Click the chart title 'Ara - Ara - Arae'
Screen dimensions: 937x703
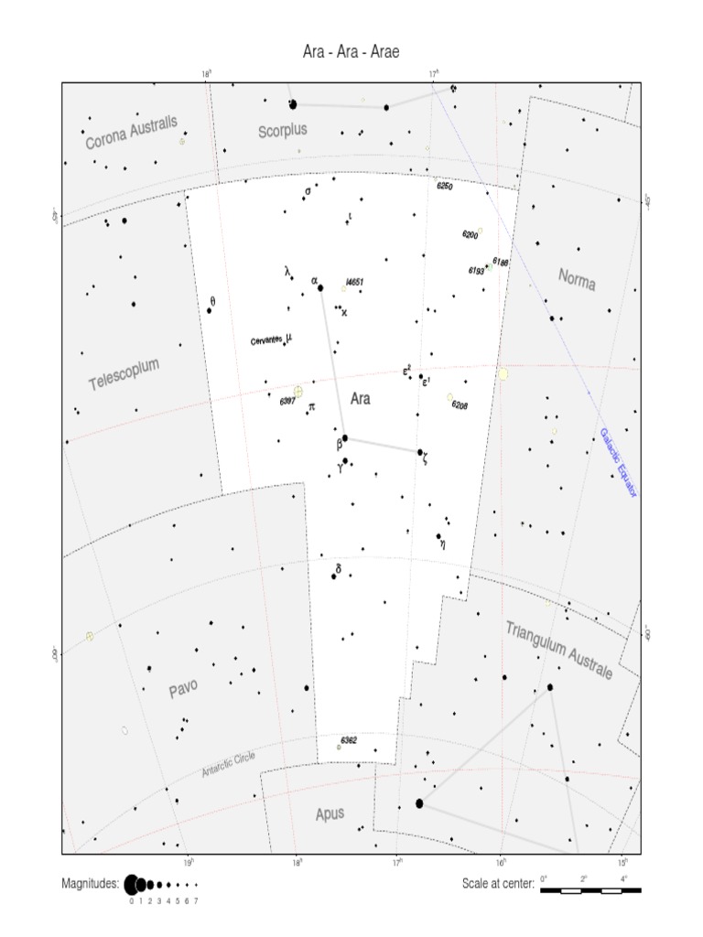point(351,52)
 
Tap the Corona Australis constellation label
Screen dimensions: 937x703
point(132,134)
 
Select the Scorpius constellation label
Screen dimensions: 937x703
point(283,131)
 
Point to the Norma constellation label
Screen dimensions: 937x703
point(577,280)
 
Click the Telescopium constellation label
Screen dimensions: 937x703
point(124,374)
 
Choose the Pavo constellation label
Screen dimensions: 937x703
point(183,688)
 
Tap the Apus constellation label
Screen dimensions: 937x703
point(330,813)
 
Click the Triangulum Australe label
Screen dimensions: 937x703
point(558,650)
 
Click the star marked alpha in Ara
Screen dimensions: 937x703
point(320,288)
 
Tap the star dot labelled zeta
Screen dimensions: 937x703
point(420,452)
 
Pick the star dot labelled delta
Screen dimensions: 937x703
point(335,576)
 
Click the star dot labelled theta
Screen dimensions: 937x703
point(209,310)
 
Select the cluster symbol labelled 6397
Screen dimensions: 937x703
point(297,392)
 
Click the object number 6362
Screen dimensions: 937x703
point(348,739)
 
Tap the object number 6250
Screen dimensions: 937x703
point(445,186)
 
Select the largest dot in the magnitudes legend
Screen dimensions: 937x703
point(131,884)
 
